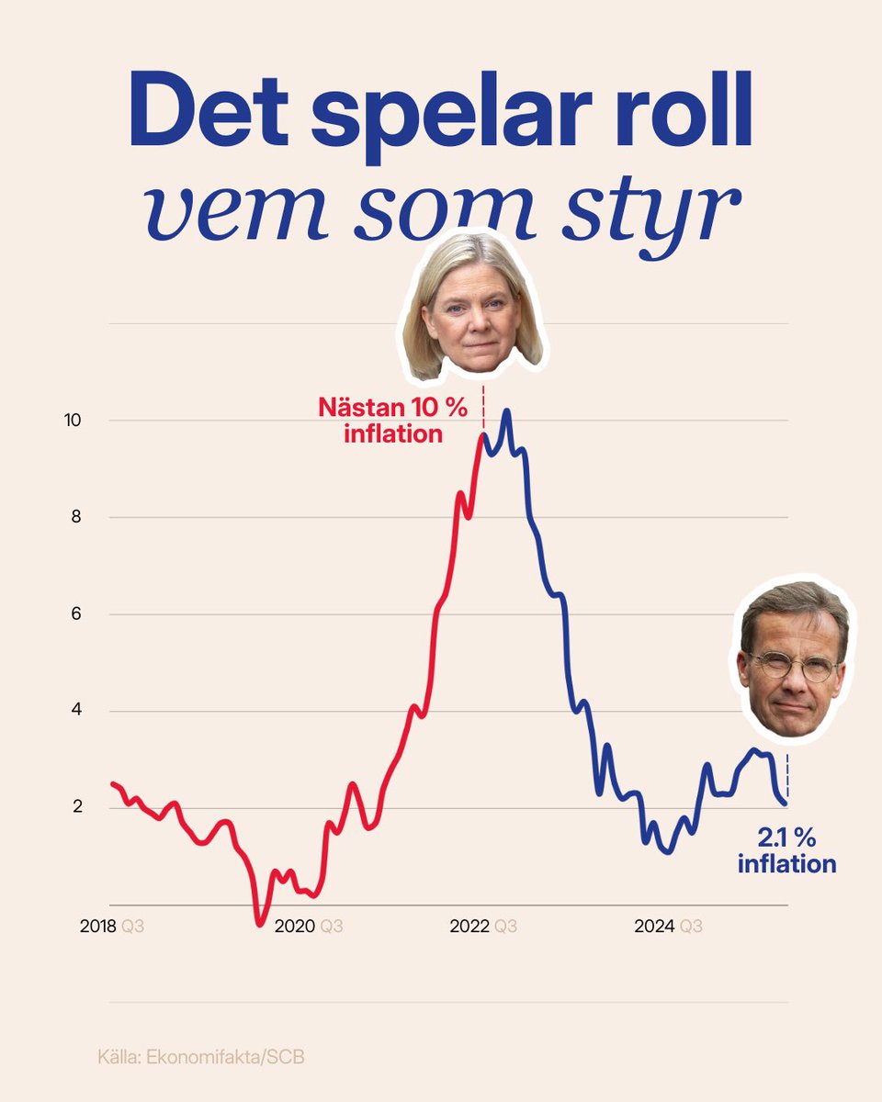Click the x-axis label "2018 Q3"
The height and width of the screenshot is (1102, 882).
[x=115, y=928]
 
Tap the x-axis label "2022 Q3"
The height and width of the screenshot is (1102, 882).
[x=483, y=928]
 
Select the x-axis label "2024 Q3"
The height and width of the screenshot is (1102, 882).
[x=668, y=928]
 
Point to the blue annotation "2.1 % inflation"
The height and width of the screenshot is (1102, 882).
[x=786, y=850]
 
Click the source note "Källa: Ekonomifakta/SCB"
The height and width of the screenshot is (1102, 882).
[x=200, y=1057]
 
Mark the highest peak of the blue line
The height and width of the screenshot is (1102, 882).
[x=506, y=412]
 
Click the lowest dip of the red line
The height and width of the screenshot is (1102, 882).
[x=260, y=922]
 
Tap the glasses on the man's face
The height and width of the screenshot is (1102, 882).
[x=791, y=666]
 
